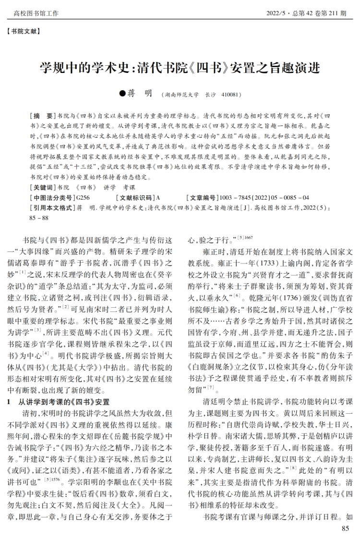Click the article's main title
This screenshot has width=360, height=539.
click(x=180, y=67)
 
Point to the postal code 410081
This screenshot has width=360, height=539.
click(x=230, y=95)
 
